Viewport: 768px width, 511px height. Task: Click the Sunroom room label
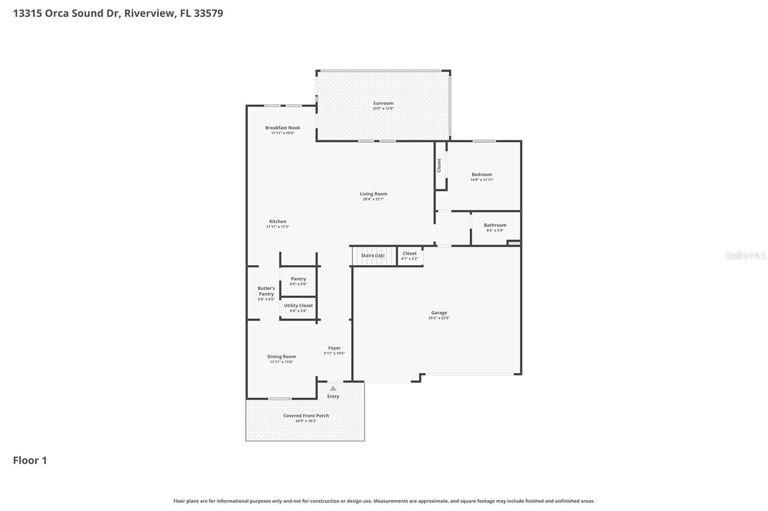pyautogui.click(x=383, y=103)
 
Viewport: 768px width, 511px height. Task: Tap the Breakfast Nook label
pyautogui.click(x=283, y=128)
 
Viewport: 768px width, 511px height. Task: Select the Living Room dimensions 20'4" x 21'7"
pyautogui.click(x=373, y=199)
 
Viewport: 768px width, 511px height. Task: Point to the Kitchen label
pyautogui.click(x=277, y=221)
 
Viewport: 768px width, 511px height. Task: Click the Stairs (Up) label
pyautogui.click(x=372, y=255)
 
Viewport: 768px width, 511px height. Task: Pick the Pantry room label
pyautogui.click(x=298, y=279)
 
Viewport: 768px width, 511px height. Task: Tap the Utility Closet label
pyautogui.click(x=298, y=305)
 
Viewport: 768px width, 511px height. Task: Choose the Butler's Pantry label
pyautogui.click(x=266, y=291)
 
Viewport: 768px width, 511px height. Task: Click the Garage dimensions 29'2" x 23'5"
pyautogui.click(x=439, y=318)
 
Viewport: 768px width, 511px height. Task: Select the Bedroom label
pyautogui.click(x=481, y=174)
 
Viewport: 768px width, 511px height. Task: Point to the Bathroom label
pyautogui.click(x=495, y=225)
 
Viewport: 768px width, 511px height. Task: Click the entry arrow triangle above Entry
pyautogui.click(x=333, y=388)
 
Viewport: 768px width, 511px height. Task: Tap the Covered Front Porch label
pyautogui.click(x=306, y=416)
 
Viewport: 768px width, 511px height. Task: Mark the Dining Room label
pyautogui.click(x=281, y=356)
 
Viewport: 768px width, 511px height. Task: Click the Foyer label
pyautogui.click(x=334, y=348)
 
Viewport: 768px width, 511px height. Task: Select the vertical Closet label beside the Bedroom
pyautogui.click(x=439, y=165)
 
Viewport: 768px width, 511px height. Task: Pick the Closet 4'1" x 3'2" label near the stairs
pyautogui.click(x=409, y=254)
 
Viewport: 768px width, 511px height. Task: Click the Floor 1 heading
pyautogui.click(x=30, y=460)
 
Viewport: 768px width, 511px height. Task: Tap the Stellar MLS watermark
pyautogui.click(x=745, y=255)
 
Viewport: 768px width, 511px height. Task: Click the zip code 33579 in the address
pyautogui.click(x=208, y=13)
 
